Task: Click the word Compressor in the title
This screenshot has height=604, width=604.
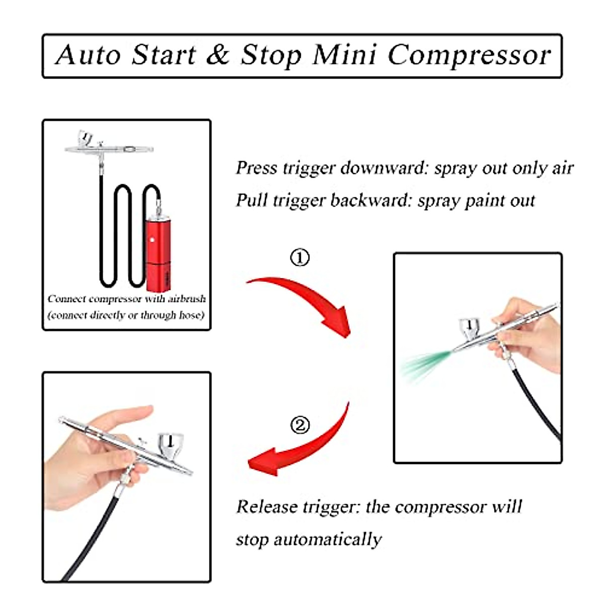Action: [469, 55]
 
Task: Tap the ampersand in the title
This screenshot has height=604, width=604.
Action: [217, 55]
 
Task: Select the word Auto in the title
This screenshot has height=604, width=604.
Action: [88, 55]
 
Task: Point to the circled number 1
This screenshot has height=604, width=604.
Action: [299, 258]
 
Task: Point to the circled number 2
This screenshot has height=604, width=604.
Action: [300, 425]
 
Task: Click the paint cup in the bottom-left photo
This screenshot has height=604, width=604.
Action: [171, 444]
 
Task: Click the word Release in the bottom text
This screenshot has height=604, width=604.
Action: [267, 506]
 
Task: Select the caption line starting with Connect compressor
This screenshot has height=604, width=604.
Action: [126, 299]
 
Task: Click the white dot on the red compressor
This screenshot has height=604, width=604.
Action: [152, 240]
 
